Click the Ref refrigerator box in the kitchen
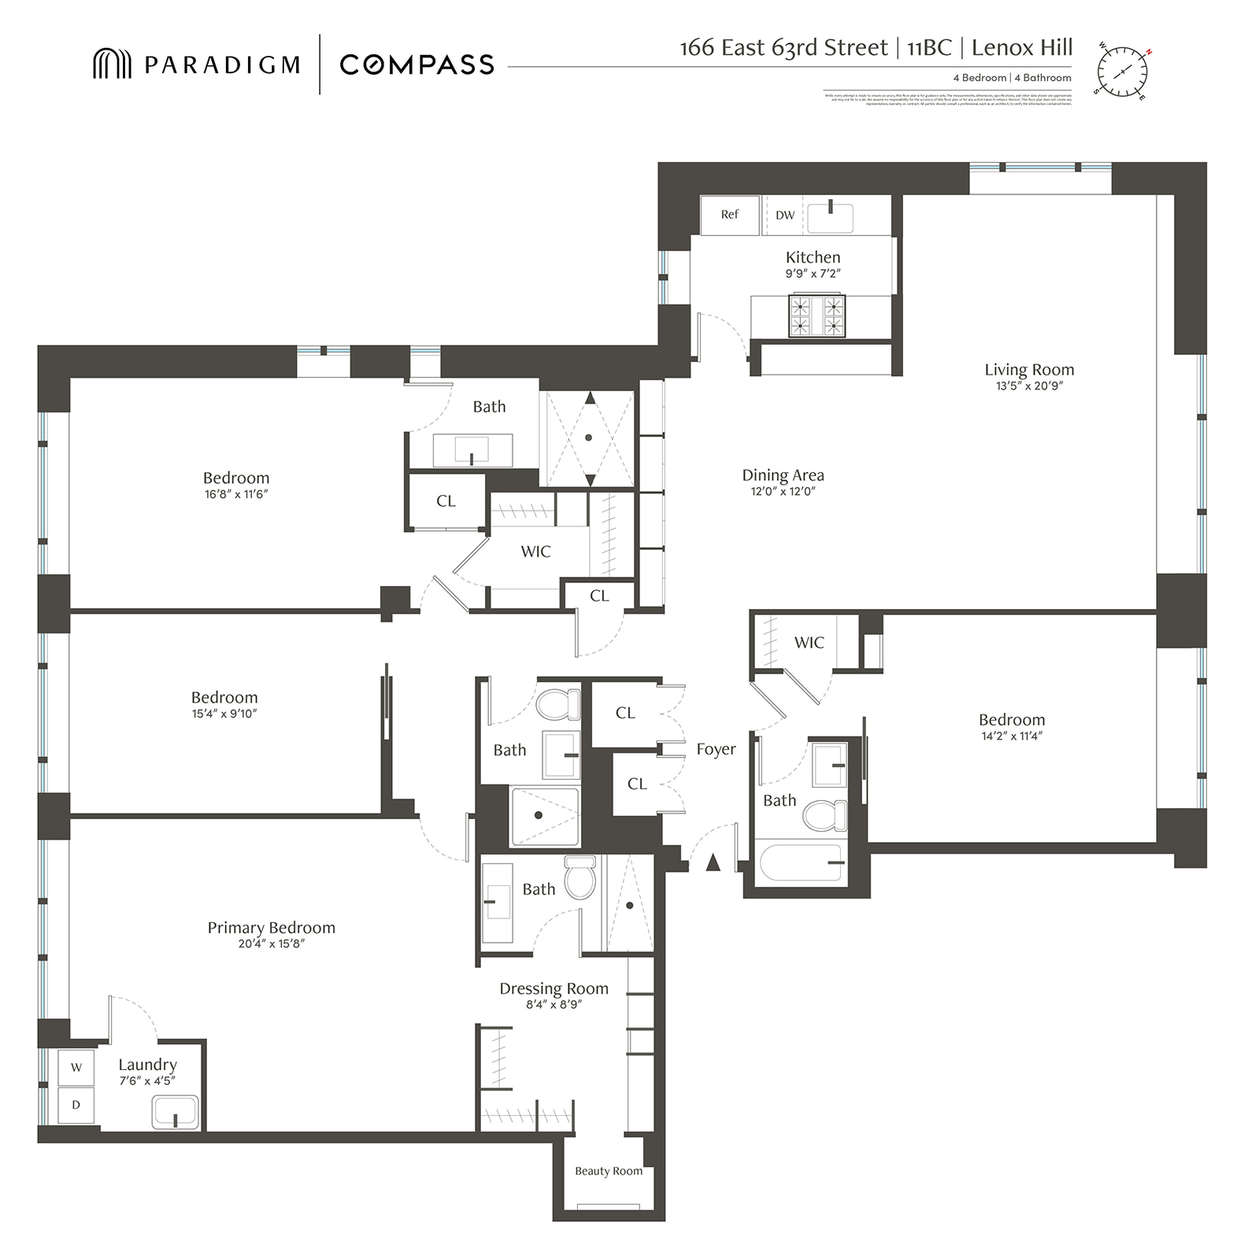click(729, 215)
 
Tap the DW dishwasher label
click(785, 215)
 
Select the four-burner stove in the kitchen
click(817, 316)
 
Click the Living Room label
click(1028, 370)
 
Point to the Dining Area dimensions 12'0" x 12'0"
click(783, 492)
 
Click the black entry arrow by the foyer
click(713, 862)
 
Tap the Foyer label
click(716, 749)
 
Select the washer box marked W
click(76, 1067)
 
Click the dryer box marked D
click(76, 1105)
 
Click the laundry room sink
click(175, 1113)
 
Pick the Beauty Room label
click(608, 1171)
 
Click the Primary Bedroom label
click(271, 928)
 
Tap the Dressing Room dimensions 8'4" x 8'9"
click(554, 1005)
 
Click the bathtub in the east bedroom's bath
click(801, 863)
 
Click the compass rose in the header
click(1122, 72)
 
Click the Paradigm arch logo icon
click(112, 64)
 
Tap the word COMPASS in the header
click(417, 65)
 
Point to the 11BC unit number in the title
click(929, 48)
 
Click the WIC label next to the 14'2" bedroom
click(809, 643)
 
